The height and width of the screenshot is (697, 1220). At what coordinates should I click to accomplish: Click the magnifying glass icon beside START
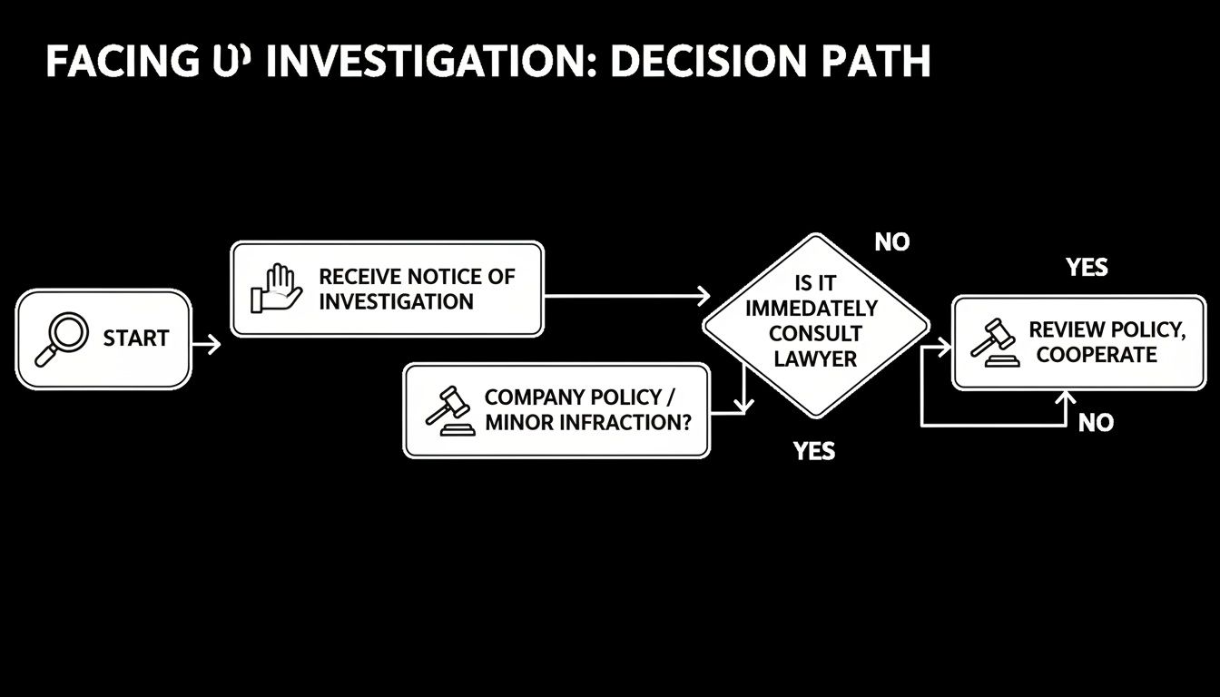(61, 339)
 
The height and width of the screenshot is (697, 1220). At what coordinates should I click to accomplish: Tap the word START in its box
(136, 339)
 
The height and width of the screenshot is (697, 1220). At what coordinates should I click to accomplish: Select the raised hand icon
(278, 289)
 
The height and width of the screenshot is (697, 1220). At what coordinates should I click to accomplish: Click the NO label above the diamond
(891, 242)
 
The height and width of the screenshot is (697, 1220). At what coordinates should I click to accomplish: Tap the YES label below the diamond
(813, 450)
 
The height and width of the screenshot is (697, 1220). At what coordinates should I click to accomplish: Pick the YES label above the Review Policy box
(1087, 267)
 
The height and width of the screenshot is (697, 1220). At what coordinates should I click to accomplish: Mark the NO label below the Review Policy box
(1096, 422)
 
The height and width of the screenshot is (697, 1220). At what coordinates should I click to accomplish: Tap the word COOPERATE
(1097, 355)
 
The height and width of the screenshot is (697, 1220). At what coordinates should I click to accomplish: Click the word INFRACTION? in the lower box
(621, 422)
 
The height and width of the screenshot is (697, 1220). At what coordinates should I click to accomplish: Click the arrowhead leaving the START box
(213, 344)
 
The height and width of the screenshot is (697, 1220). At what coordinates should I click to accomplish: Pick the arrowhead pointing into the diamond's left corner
(703, 295)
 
